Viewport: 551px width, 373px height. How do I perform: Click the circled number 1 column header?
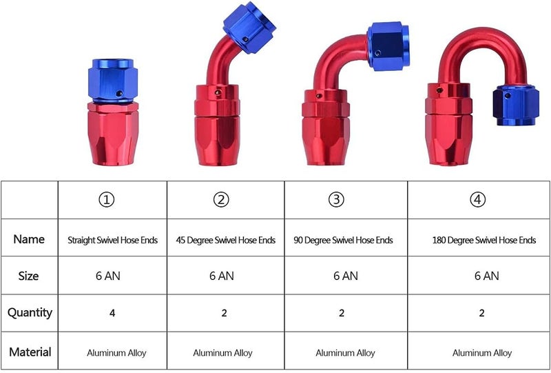107,200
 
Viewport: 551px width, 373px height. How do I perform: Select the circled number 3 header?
336,199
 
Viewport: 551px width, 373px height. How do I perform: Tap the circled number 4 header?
477,199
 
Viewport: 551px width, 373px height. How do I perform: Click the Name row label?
29,239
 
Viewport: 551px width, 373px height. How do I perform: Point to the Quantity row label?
30,312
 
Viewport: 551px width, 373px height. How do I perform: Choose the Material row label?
30,352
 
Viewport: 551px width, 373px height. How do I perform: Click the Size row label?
28,276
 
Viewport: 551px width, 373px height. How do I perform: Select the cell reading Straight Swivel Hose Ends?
113,240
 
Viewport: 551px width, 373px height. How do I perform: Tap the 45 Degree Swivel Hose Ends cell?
226,240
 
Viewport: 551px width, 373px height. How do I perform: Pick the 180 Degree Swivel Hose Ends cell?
484,240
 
